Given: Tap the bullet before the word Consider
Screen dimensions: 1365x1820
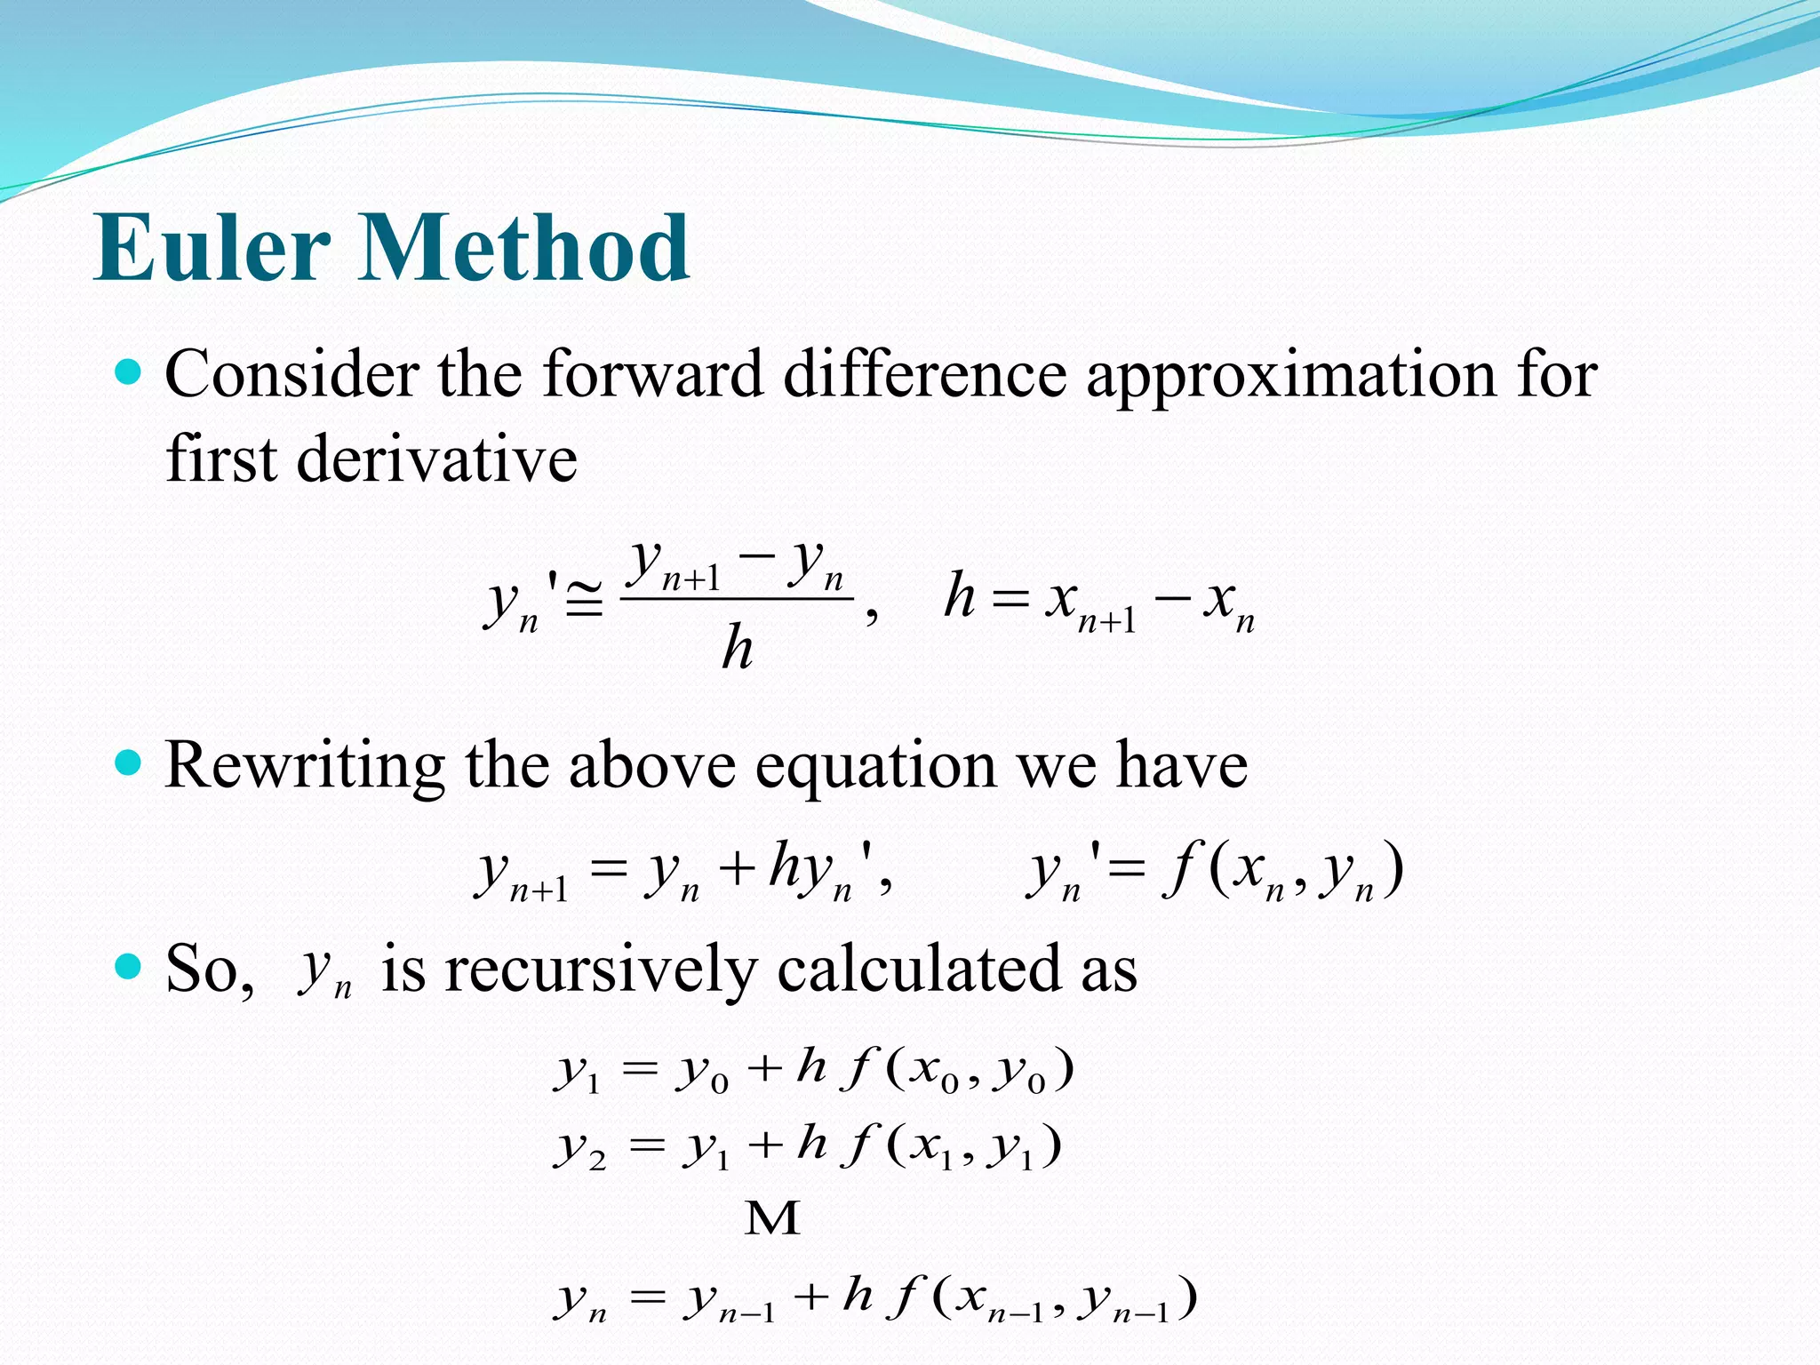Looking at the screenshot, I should pyautogui.click(x=129, y=371).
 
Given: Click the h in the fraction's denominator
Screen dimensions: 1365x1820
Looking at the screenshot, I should pyautogui.click(x=737, y=647).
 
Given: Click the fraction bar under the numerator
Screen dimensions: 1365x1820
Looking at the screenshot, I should pyautogui.click(x=737, y=598).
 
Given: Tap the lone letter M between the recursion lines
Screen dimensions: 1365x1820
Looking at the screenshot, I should pyautogui.click(x=771, y=1219).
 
